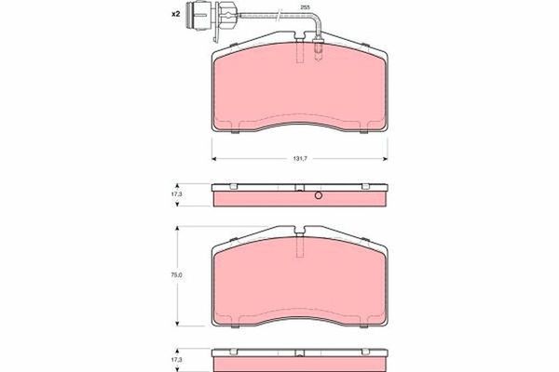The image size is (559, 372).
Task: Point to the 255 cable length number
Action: click(x=303, y=7)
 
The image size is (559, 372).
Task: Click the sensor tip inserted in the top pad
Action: click(x=319, y=44)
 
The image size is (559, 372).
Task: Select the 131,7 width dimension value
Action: click(x=301, y=159)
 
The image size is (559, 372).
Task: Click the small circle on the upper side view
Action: click(x=317, y=196)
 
